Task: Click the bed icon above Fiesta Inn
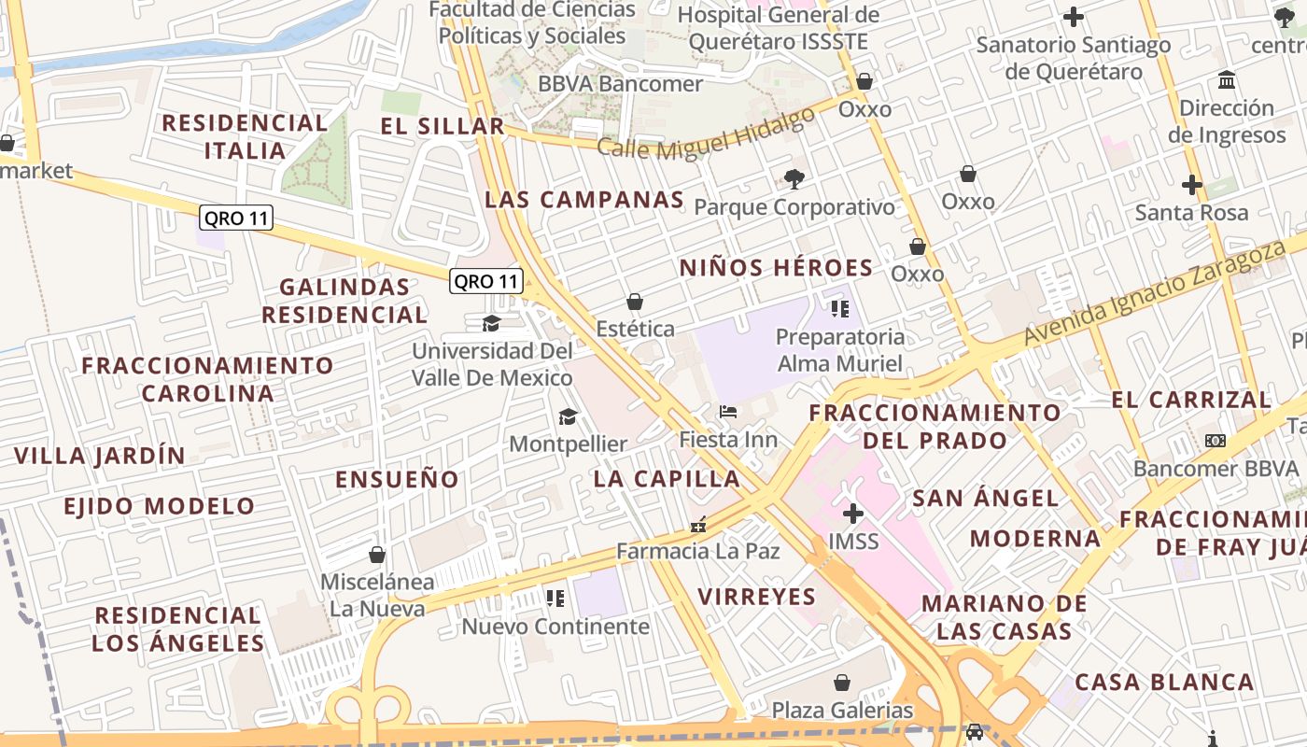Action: tap(728, 411)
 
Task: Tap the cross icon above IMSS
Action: tap(852, 513)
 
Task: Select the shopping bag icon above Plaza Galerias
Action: tap(842, 683)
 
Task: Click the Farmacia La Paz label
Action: tap(697, 551)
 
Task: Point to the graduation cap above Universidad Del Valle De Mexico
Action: tap(491, 323)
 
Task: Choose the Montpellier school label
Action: tap(568, 444)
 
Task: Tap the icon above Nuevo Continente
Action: tap(555, 598)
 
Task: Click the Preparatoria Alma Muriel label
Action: tap(840, 350)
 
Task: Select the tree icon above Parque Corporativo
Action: tap(794, 178)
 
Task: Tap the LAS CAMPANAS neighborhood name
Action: tap(584, 200)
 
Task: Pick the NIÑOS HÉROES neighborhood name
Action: tap(776, 268)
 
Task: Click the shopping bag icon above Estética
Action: tap(635, 302)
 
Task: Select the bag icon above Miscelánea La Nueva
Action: tap(377, 555)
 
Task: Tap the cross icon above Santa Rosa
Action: tap(1191, 184)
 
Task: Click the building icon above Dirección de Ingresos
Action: tap(1227, 79)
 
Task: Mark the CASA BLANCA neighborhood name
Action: tap(1164, 683)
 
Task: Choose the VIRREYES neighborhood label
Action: tap(756, 597)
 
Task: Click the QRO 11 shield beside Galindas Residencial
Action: tap(485, 281)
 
